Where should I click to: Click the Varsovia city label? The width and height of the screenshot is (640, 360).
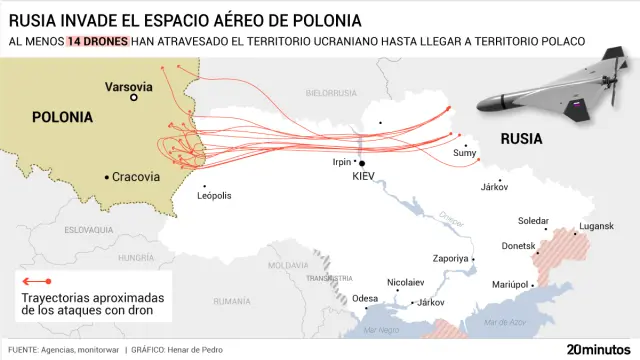pyautogui.click(x=130, y=87)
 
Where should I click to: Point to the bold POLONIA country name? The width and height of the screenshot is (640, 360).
pyautogui.click(x=62, y=117)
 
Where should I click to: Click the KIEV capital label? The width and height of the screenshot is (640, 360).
pyautogui.click(x=369, y=176)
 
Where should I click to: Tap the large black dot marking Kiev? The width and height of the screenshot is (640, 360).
pyautogui.click(x=362, y=163)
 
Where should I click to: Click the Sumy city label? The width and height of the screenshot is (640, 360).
pyautogui.click(x=465, y=152)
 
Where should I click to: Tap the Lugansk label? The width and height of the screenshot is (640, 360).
pyautogui.click(x=596, y=226)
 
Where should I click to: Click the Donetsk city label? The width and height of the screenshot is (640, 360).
pyautogui.click(x=518, y=245)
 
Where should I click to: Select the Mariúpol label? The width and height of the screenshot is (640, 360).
pyautogui.click(x=508, y=284)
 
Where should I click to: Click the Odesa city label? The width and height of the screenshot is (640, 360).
pyautogui.click(x=366, y=298)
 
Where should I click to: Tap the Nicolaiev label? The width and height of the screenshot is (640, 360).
pyautogui.click(x=405, y=282)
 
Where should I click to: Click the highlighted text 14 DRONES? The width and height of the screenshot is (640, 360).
pyautogui.click(x=97, y=41)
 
